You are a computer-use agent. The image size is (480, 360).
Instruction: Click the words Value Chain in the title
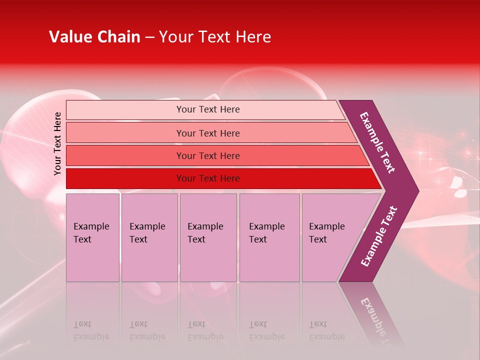pyautogui.click(x=94, y=37)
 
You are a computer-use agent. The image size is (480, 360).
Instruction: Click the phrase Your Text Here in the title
pyautogui.click(x=215, y=37)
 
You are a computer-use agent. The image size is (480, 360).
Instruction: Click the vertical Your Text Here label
pyautogui.click(x=57, y=143)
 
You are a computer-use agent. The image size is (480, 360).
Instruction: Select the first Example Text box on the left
pyautogui.click(x=92, y=237)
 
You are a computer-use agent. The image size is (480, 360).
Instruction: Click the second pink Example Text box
pyautogui.click(x=149, y=237)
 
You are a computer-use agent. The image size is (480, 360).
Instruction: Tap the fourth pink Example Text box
pyautogui.click(x=269, y=237)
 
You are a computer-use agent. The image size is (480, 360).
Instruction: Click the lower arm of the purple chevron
pyautogui.click(x=379, y=236)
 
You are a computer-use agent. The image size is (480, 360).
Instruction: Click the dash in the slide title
pyautogui.click(x=149, y=37)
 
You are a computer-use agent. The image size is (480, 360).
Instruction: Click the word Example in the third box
pyautogui.click(x=205, y=226)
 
